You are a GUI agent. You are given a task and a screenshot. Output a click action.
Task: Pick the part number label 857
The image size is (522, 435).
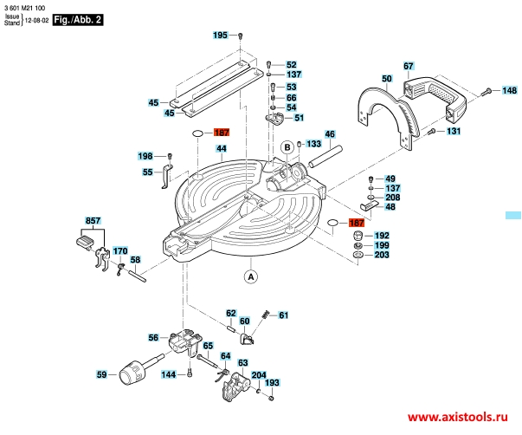point(93,220)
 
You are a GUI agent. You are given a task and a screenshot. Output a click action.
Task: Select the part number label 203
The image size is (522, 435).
point(381,256)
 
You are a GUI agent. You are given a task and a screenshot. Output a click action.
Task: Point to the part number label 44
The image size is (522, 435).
point(221,149)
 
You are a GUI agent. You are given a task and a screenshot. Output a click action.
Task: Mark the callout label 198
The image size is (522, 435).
point(145,156)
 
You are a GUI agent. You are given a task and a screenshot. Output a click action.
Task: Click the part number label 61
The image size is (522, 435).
point(283,315)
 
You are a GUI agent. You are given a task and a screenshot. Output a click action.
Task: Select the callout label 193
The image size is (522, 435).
point(272,383)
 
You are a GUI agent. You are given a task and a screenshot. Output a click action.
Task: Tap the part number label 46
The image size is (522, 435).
point(329,134)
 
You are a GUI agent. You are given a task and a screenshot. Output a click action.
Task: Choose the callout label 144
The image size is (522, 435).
point(170,374)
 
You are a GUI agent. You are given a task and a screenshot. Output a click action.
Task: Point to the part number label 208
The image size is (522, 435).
point(392,198)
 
